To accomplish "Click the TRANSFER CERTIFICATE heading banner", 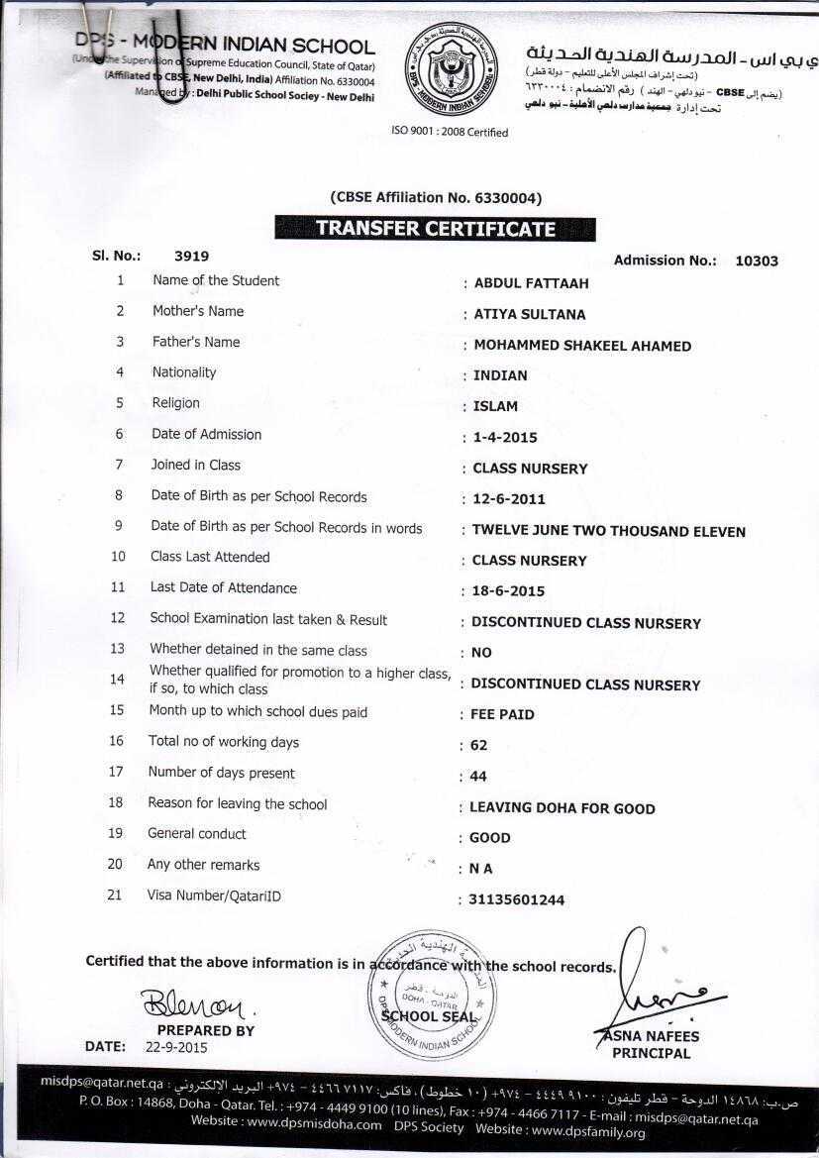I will click(435, 229).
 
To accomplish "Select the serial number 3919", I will click(191, 256).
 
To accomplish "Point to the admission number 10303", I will click(757, 262).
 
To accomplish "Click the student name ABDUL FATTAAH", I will click(531, 283).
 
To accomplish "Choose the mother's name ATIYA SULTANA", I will click(529, 315).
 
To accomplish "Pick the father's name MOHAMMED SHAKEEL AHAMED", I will click(582, 346).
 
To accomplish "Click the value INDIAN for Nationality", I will click(500, 375).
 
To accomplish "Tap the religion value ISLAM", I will click(495, 406).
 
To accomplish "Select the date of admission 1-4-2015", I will click(505, 437).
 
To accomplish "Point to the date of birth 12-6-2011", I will click(509, 499).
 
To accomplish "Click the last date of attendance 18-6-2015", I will click(508, 591).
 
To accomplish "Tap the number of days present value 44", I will click(478, 777).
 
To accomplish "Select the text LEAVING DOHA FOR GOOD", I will click(562, 808).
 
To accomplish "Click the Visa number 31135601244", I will click(517, 900).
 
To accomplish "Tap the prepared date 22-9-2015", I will click(176, 1046).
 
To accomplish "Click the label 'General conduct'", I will click(197, 834).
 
